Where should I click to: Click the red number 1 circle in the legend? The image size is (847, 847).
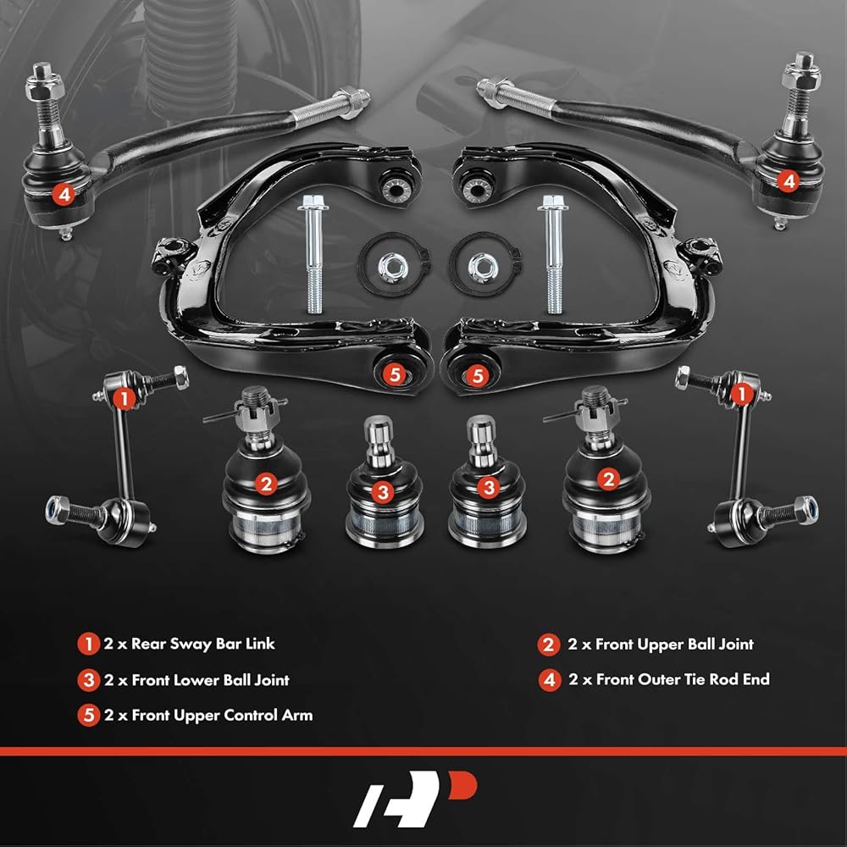point(88,644)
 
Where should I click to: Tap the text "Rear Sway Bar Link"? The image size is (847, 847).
point(203,644)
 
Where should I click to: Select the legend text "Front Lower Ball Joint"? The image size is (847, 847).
point(211,679)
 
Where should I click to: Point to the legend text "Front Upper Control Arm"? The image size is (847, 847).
point(222,715)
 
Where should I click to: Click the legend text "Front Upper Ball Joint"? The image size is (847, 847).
point(674,644)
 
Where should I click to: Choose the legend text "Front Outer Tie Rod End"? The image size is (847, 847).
point(683,679)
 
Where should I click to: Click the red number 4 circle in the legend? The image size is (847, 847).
point(550,679)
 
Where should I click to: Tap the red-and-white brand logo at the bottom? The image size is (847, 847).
point(415,799)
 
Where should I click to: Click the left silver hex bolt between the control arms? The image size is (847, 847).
point(313,253)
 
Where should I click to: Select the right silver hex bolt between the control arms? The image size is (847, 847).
point(552,253)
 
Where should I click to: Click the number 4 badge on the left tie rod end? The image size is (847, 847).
point(64,195)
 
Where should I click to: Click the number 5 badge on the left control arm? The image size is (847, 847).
point(395,374)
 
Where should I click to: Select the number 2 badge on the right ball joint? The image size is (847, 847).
point(609,479)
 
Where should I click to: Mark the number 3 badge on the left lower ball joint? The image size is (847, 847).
point(383,492)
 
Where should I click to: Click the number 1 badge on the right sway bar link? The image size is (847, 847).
point(742,395)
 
